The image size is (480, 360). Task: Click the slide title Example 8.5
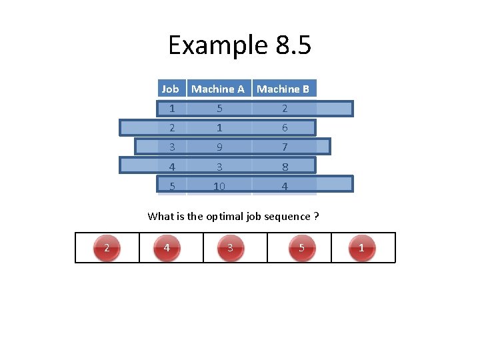239,45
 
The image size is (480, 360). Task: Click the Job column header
171,89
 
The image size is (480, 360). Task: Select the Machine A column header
218,89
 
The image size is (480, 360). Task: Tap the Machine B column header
283,89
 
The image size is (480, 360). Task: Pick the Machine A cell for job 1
218,109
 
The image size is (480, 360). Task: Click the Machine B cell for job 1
285,109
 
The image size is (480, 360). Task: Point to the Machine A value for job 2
218,128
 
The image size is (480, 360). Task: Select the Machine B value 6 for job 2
285,128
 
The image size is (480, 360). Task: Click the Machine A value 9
218,147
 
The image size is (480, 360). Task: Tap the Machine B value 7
285,147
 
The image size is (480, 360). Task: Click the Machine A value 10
218,187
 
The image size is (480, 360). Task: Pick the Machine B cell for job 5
285,187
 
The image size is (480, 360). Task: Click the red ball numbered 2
107,248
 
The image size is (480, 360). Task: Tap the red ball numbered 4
167,248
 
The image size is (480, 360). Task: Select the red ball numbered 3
230,248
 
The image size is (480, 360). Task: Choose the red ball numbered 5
302,248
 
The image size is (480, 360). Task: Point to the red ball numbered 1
361,248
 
